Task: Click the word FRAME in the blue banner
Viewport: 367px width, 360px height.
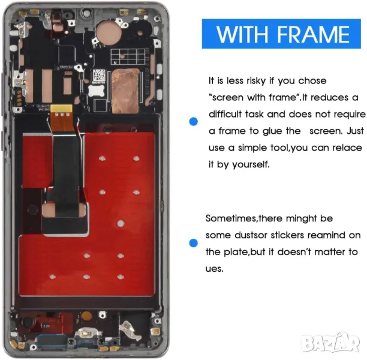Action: [314, 34]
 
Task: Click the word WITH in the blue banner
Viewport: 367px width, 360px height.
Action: [242, 34]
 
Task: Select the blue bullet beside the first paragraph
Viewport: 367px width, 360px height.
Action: [194, 122]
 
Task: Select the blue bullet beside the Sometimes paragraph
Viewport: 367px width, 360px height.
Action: [193, 243]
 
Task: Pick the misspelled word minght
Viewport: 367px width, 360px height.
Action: [302, 219]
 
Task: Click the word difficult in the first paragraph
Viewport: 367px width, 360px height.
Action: [225, 115]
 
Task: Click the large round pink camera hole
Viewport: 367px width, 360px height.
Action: [109, 32]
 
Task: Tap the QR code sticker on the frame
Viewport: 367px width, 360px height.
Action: [99, 75]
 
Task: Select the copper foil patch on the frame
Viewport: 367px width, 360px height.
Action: [125, 91]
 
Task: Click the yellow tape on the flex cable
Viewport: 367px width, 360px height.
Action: [61, 109]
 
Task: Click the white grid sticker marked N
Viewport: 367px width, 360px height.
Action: [128, 56]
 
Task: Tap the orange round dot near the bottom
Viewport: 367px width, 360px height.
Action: [86, 316]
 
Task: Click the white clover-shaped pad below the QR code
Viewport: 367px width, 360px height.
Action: [97, 91]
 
